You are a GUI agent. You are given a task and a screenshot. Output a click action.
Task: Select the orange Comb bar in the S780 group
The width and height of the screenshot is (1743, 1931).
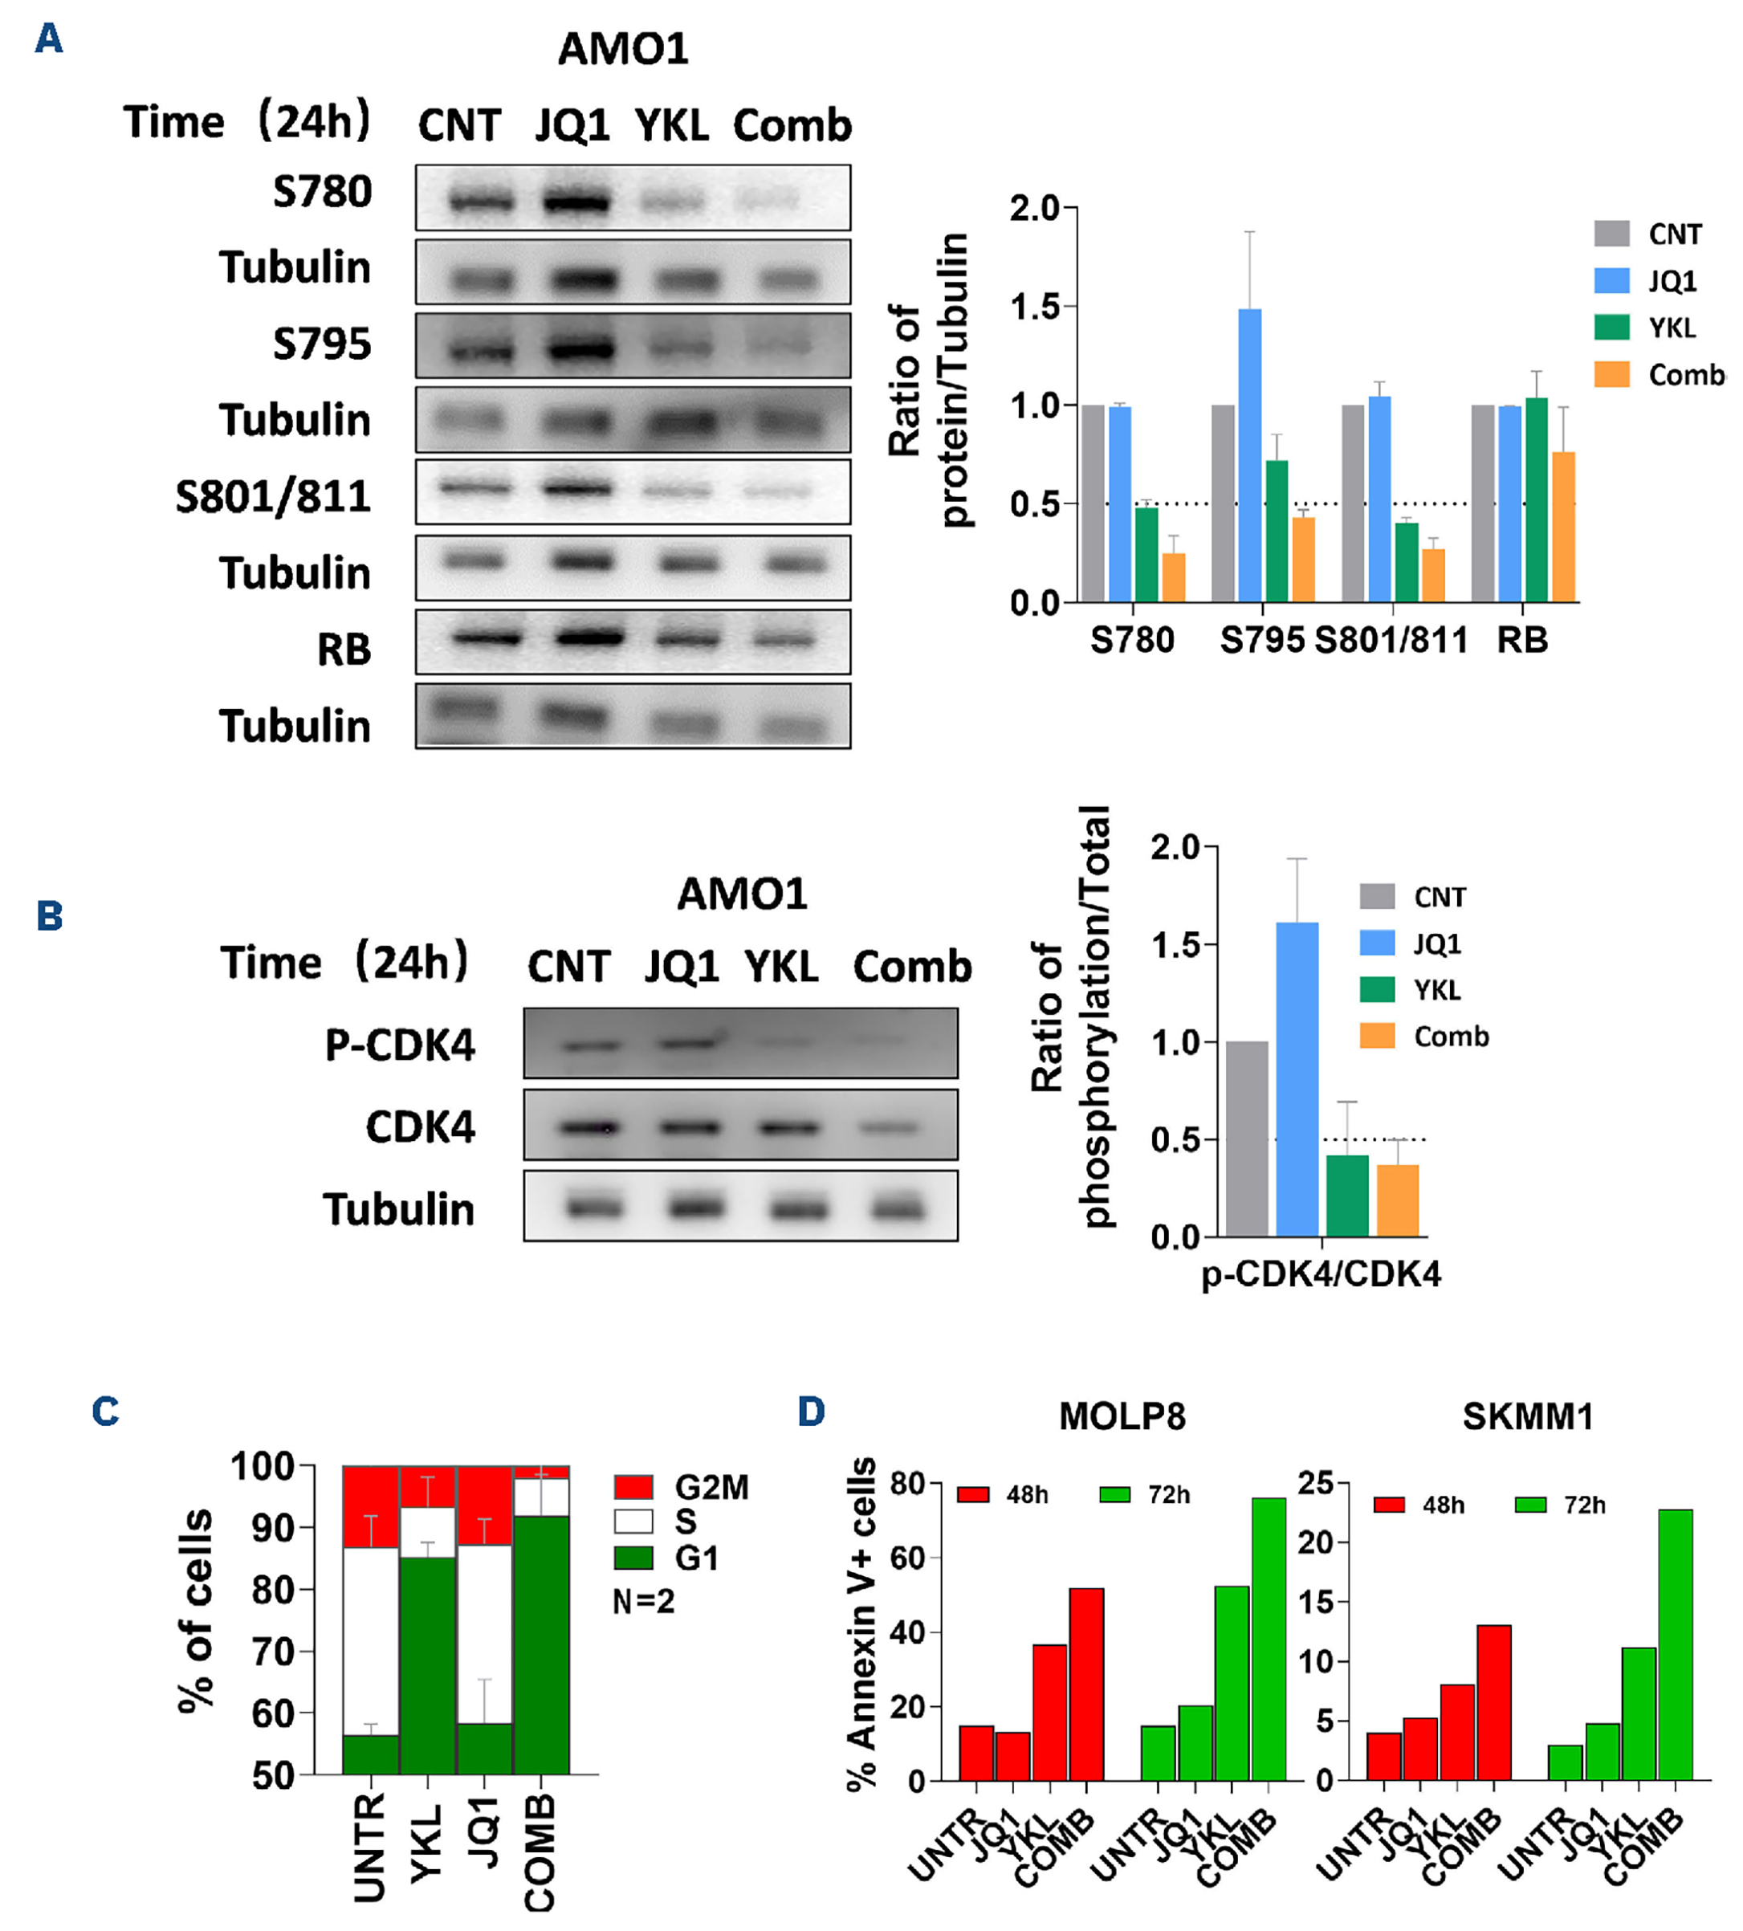click(x=1173, y=577)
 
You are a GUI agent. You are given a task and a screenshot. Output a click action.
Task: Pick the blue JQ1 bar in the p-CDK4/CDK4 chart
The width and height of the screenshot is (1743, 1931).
click(x=1297, y=1079)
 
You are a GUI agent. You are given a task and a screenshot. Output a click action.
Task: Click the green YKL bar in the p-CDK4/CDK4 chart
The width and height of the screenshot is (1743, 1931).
click(x=1346, y=1196)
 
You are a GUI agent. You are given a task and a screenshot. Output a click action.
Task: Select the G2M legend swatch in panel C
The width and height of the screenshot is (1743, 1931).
click(x=633, y=1486)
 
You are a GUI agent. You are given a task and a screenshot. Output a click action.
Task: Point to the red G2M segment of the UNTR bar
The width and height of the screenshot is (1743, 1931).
click(x=371, y=1505)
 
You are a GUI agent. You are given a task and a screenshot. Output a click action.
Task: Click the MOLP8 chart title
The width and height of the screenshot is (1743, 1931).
click(x=1122, y=1416)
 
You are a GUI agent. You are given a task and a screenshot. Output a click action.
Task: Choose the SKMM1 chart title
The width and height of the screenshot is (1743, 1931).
click(x=1528, y=1416)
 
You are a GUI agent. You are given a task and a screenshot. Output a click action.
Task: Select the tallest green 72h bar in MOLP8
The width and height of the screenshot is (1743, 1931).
click(x=1268, y=1639)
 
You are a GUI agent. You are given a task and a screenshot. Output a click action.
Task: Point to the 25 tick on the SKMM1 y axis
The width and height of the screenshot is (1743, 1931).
click(x=1315, y=1484)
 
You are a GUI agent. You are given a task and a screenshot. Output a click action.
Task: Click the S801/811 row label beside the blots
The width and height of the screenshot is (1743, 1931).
click(x=273, y=496)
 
